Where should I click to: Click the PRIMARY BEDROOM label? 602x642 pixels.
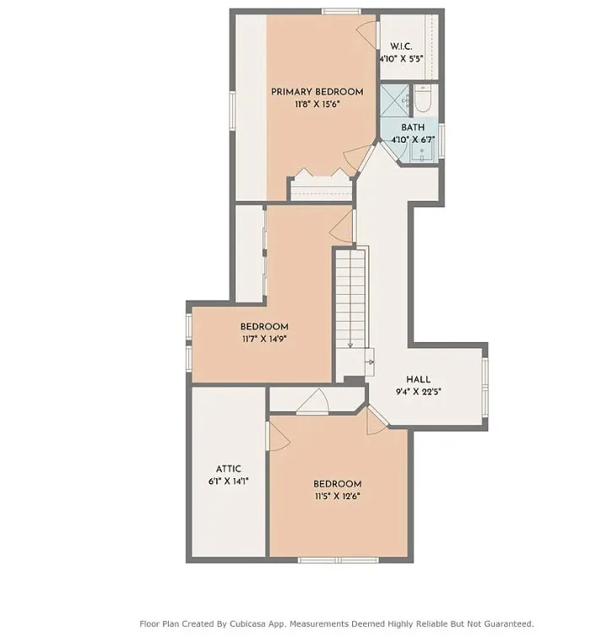click(317, 92)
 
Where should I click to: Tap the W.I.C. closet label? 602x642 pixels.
click(401, 46)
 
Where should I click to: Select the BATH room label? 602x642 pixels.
click(413, 128)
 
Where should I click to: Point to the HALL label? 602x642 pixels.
click(418, 379)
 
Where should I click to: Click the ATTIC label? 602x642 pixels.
click(228, 469)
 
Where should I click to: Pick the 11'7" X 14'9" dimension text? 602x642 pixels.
click(264, 339)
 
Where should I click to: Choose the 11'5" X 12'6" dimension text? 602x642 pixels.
click(337, 497)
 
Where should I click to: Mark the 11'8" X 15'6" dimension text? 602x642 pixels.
click(317, 105)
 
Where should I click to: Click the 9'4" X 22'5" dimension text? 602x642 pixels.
click(418, 392)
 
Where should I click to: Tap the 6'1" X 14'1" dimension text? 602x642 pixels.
click(228, 481)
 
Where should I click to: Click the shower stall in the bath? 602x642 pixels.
click(394, 101)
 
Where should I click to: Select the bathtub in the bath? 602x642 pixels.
click(422, 99)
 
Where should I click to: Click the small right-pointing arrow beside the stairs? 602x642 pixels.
click(370, 362)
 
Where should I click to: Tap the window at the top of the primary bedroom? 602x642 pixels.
click(341, 11)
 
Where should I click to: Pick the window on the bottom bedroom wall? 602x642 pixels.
click(338, 560)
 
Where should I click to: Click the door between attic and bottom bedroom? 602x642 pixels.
click(278, 437)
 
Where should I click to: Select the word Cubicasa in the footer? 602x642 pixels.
click(247, 624)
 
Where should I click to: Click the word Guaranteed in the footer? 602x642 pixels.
click(509, 624)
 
